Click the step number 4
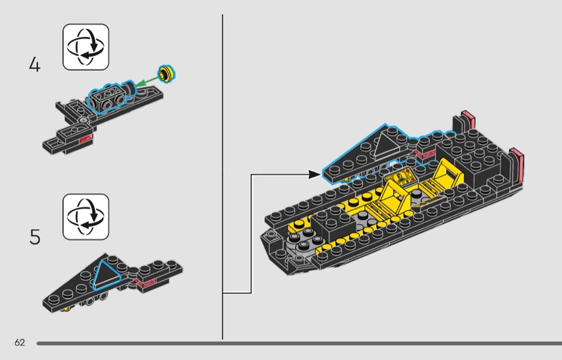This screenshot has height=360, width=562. pyautogui.click(x=35, y=65)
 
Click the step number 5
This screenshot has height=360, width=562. pyautogui.click(x=35, y=237)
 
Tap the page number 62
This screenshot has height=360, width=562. pyautogui.click(x=20, y=342)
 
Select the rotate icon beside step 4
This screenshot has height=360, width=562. pyautogui.click(x=86, y=47)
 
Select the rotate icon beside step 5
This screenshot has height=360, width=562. pyautogui.click(x=86, y=217)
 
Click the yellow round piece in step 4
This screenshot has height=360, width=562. pyautogui.click(x=166, y=74)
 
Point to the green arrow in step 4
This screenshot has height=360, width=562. pyautogui.click(x=147, y=81)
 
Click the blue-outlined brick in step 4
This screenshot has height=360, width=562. pyautogui.click(x=107, y=98)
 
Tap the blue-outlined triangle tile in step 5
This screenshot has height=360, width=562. pyautogui.click(x=106, y=275)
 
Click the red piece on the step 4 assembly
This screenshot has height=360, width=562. pyautogui.click(x=86, y=139)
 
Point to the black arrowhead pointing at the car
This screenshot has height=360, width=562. pyautogui.click(x=315, y=174)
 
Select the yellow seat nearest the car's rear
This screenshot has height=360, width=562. pyautogui.click(x=448, y=171)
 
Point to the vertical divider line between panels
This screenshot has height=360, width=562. pyautogui.click(x=222, y=177)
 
